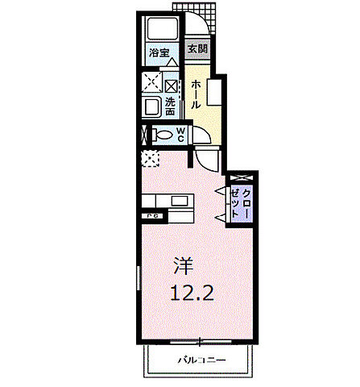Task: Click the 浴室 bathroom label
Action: [159, 53]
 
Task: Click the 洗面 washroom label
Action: [171, 106]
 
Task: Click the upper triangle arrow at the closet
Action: [220, 189]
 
